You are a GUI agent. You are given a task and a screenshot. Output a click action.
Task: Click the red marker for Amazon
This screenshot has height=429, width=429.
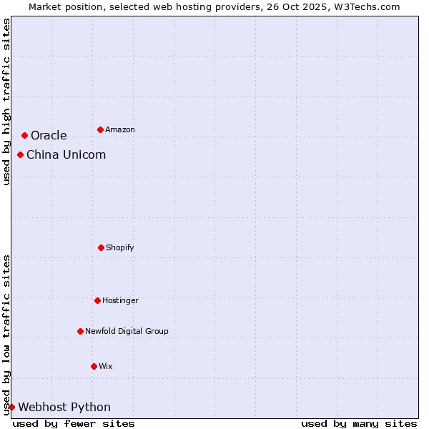[x=100, y=129]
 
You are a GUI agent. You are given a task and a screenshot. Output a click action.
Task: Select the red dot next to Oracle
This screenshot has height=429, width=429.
[x=24, y=135]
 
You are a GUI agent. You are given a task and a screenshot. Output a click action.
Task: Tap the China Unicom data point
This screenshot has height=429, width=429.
[x=20, y=154]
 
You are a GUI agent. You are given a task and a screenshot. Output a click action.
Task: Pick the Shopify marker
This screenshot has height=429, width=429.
[x=101, y=247]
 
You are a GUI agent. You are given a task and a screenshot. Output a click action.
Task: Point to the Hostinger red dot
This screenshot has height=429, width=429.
[x=97, y=300]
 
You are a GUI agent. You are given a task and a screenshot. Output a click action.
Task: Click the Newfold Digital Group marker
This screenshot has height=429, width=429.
[x=80, y=331]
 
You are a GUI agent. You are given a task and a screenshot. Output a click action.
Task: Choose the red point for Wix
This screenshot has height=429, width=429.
[x=94, y=366]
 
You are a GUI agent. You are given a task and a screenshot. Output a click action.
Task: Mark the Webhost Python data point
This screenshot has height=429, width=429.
[x=11, y=407]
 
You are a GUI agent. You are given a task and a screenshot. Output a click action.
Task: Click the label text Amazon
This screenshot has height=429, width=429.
[x=120, y=130]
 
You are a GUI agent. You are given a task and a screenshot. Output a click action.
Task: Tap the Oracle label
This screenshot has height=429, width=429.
[x=49, y=136]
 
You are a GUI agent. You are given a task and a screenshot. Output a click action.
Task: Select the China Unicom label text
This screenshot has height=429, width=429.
[x=66, y=155]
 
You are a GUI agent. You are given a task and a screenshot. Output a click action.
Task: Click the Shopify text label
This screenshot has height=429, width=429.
[x=120, y=248]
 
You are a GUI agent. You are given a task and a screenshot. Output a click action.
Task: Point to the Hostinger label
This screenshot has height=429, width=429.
[x=120, y=301]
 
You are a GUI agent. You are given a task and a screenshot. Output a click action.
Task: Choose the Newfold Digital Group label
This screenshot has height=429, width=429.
[x=127, y=332]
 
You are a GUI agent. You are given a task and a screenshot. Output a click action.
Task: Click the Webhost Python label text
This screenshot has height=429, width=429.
[x=64, y=408]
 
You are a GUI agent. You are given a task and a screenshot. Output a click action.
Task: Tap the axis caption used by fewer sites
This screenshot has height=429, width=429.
[x=74, y=423]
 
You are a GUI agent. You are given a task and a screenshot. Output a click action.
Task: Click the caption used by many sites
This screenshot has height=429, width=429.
[x=359, y=423]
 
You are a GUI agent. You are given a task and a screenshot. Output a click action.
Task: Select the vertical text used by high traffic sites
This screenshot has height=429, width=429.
[x=6, y=102]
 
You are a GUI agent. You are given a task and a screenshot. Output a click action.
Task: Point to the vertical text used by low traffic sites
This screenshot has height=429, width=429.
[x=6, y=335]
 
